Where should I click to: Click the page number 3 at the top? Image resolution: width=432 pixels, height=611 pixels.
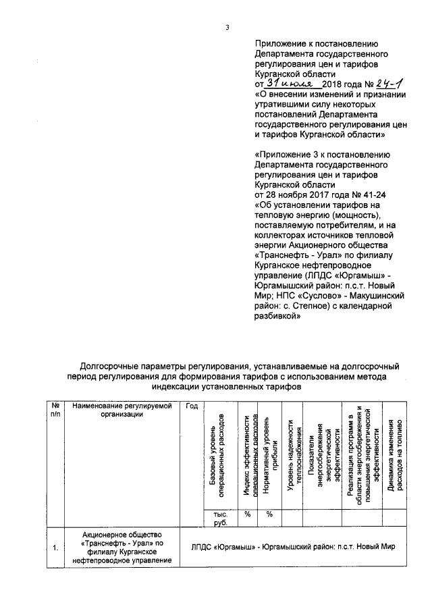coord(227,28)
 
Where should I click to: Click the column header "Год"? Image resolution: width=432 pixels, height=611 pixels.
coord(192,406)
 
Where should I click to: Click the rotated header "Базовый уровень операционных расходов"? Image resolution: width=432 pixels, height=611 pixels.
coord(217,455)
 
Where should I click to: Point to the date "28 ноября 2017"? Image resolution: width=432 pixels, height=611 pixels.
coord(296,195)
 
